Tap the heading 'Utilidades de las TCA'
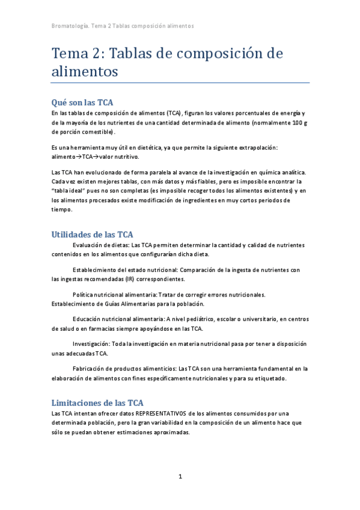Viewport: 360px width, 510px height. [93, 234]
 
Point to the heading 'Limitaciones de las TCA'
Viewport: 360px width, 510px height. [97, 402]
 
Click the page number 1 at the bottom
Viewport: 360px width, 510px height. [180, 476]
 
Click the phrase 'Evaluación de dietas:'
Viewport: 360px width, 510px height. [100, 245]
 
